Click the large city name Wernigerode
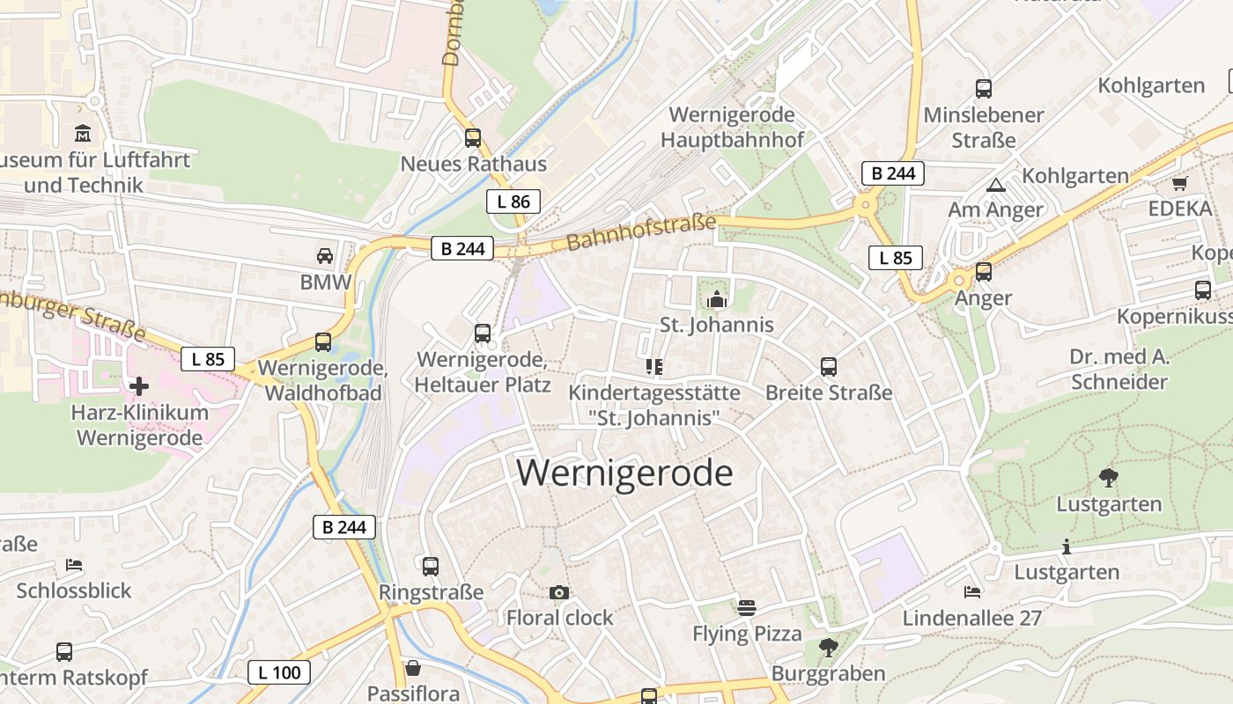click(x=624, y=473)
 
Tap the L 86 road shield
click(x=513, y=202)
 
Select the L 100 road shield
click(x=279, y=673)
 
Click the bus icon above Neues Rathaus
click(x=473, y=138)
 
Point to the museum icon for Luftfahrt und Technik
click(x=83, y=134)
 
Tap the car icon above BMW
click(x=325, y=256)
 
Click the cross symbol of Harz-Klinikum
click(x=139, y=385)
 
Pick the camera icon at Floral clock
click(x=559, y=592)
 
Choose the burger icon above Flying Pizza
click(x=747, y=607)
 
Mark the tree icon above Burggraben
click(x=828, y=649)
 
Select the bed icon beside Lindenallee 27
click(x=972, y=592)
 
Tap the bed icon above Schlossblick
click(x=74, y=564)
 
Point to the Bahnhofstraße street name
click(x=641, y=231)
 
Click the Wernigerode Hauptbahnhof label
click(x=732, y=127)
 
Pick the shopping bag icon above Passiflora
click(x=412, y=668)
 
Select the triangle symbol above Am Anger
click(x=996, y=185)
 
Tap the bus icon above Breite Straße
click(x=829, y=367)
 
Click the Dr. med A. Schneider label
click(x=1119, y=370)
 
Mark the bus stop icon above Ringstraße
click(x=431, y=567)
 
